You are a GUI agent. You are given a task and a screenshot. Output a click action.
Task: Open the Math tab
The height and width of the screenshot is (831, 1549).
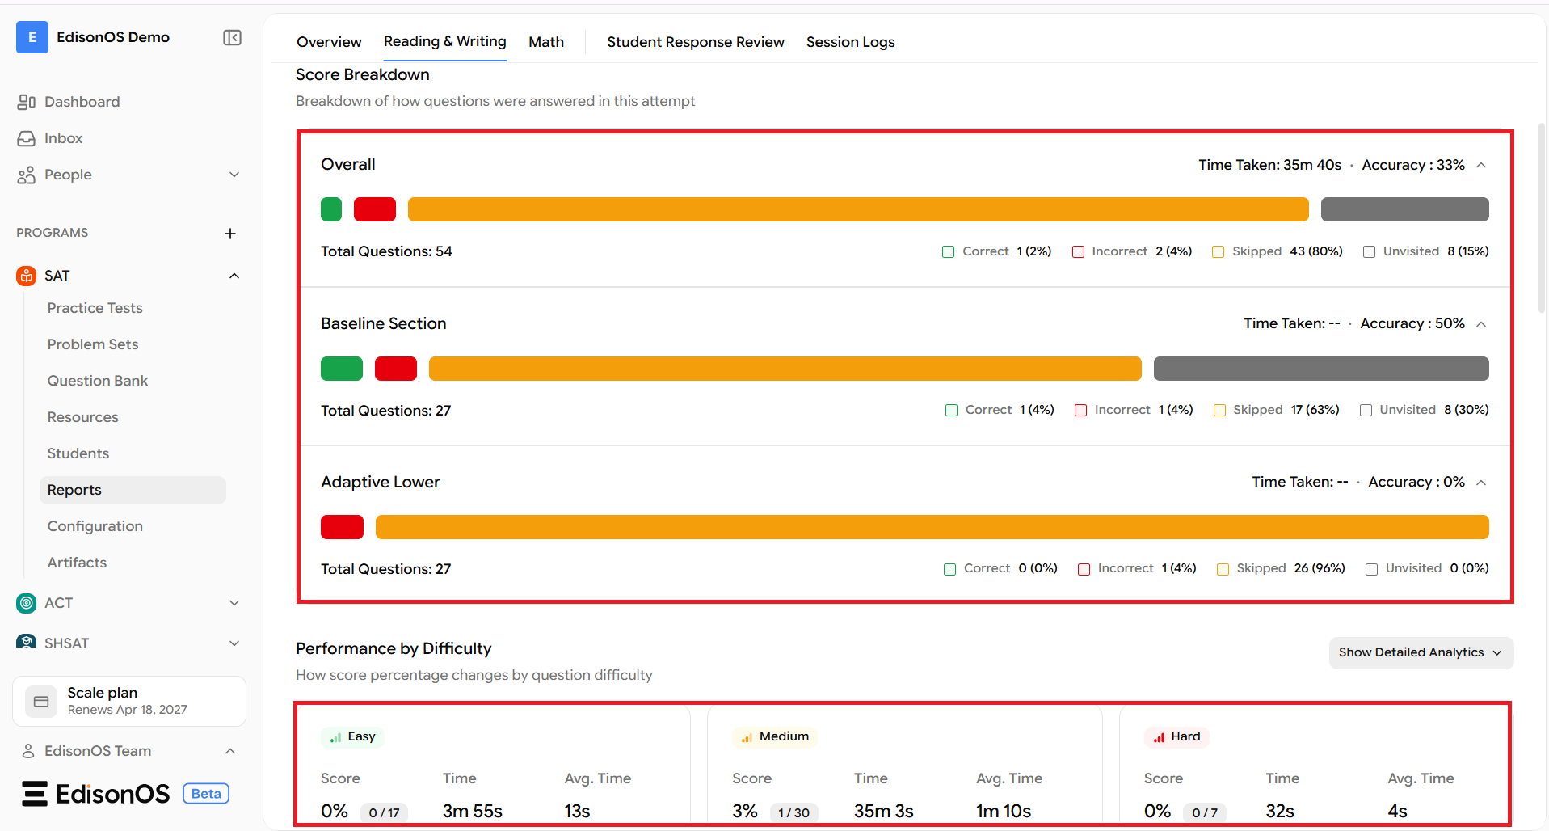546,42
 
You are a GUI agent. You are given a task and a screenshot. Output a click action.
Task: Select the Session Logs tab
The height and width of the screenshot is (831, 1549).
850,42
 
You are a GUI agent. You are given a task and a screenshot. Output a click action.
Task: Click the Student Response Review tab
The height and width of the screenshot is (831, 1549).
696,42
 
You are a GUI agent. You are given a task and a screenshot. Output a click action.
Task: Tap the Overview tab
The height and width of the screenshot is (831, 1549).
329,42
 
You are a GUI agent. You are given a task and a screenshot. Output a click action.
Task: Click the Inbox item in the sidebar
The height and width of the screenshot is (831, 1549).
63,138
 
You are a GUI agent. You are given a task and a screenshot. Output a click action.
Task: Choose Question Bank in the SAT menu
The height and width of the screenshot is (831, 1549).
98,381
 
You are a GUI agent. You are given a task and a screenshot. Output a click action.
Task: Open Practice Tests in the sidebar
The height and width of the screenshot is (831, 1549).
95,308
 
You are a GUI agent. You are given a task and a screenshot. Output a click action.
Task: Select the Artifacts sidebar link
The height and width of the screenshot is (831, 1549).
77,563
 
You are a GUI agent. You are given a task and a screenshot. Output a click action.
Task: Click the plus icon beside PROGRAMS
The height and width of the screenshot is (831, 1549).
230,234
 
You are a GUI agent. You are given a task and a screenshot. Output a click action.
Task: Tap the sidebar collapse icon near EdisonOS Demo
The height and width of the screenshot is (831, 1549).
232,38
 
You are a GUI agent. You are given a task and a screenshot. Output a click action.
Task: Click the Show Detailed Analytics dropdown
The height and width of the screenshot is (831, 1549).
1421,652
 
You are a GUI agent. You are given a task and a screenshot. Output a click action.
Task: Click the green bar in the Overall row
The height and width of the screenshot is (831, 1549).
331,209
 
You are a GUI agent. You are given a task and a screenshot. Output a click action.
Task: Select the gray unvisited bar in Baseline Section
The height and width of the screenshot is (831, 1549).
1321,369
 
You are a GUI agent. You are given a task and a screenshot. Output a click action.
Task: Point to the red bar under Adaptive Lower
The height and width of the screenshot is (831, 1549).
342,527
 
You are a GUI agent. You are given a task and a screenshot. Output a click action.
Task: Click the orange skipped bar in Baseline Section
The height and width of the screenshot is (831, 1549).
785,369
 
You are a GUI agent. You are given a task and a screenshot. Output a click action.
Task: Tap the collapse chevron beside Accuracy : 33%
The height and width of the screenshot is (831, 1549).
1481,165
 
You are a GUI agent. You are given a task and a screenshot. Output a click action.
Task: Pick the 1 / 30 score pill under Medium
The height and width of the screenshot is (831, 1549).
793,812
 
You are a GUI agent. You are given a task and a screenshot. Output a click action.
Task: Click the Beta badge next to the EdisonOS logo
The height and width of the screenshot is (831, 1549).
206,794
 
